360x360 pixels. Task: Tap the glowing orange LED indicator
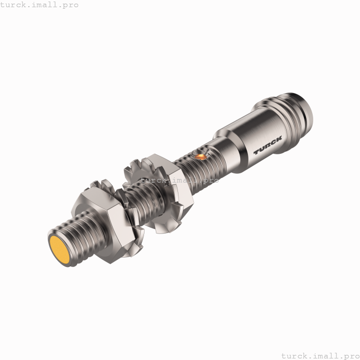201,154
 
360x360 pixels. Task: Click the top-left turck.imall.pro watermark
39,5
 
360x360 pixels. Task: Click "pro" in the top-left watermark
69,5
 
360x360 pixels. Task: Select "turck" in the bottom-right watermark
295,355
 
